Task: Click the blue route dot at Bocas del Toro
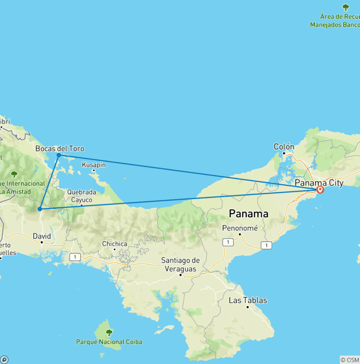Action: (59, 155)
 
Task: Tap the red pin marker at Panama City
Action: (320, 190)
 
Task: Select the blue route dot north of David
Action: (40, 209)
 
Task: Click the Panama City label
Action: (319, 183)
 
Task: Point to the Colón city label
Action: (284, 147)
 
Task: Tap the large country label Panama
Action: (248, 214)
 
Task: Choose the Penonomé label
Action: (240, 227)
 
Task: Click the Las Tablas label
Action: (247, 300)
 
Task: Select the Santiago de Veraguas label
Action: (180, 265)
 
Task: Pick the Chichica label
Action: (115, 243)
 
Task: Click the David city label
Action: (42, 236)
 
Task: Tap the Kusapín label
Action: (94, 165)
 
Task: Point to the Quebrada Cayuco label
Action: (82, 196)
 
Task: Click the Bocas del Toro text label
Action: (60, 149)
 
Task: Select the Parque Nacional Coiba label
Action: (109, 342)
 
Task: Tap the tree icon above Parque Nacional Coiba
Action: (109, 333)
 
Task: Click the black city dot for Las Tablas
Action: (247, 307)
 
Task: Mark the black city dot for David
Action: (42, 242)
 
